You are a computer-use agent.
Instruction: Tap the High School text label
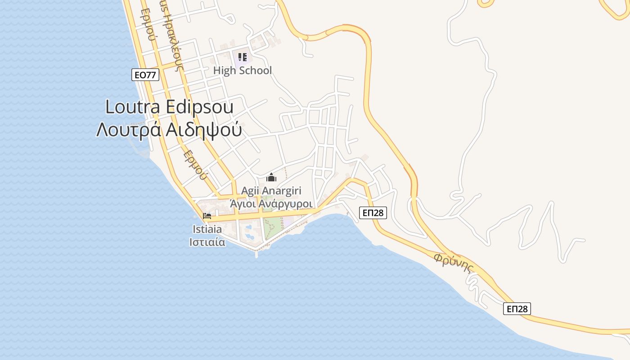243,71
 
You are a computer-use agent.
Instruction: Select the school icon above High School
243,57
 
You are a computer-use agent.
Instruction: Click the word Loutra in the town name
133,107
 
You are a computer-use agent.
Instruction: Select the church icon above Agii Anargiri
271,177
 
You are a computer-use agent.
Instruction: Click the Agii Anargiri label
271,191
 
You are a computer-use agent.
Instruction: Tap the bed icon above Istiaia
207,216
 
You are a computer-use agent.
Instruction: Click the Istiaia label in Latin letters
207,229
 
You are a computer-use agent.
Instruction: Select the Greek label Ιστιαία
207,242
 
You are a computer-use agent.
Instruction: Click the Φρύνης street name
454,263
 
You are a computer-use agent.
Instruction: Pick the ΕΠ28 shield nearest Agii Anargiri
373,213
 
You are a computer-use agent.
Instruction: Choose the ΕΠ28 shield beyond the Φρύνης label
517,309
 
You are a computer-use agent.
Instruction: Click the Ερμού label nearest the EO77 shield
148,25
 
